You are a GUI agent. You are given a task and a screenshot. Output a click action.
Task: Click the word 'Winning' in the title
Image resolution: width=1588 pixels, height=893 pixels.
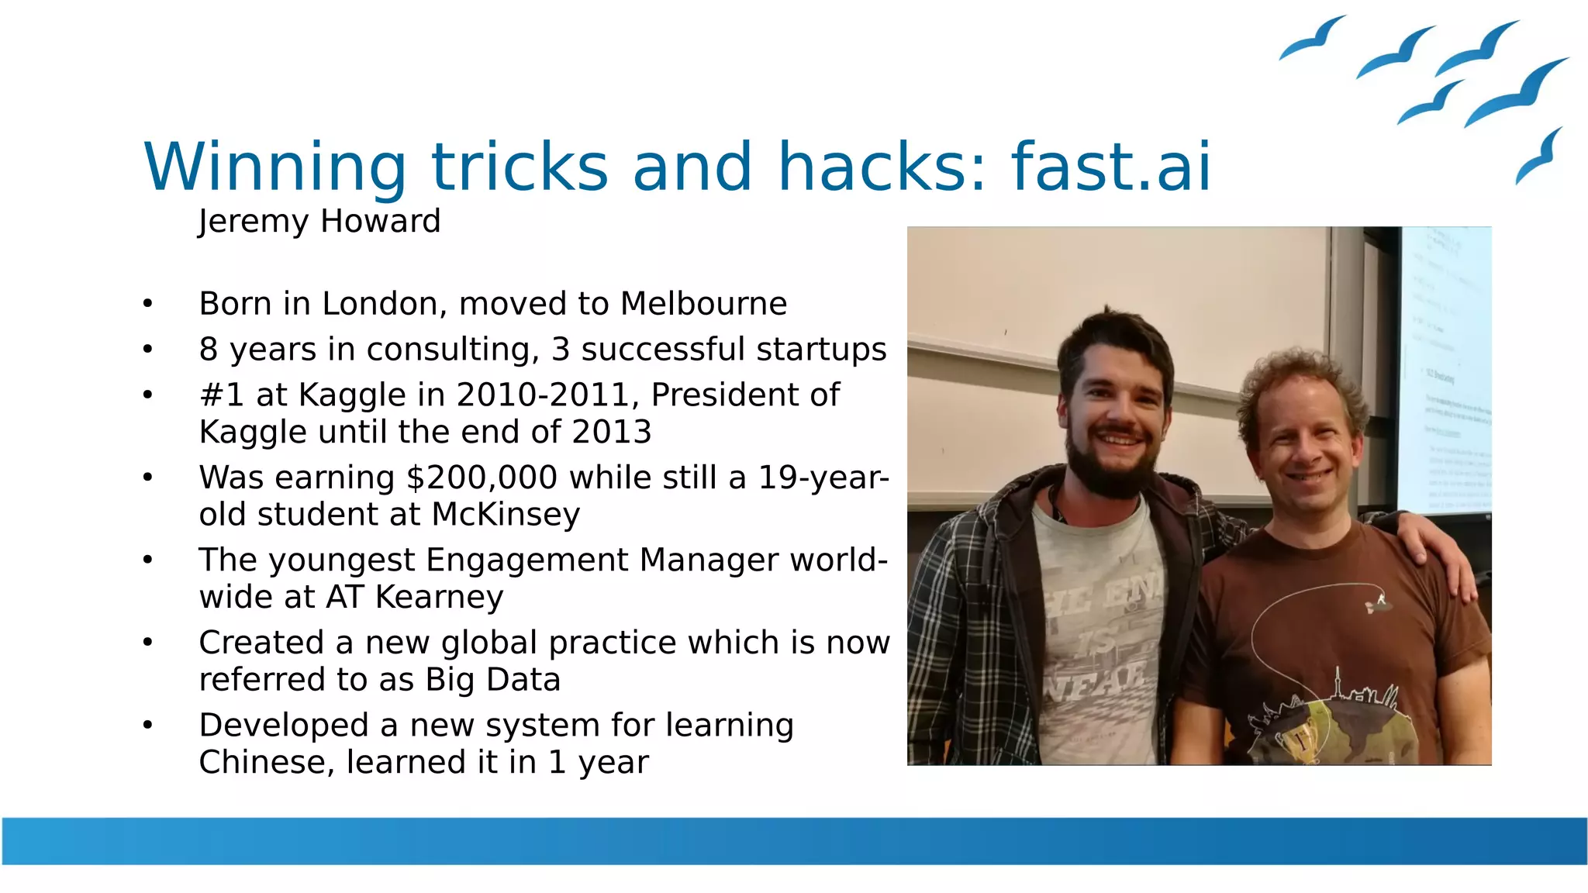tap(275, 167)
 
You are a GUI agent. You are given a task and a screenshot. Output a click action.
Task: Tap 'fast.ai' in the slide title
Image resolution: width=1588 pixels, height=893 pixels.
tap(1110, 167)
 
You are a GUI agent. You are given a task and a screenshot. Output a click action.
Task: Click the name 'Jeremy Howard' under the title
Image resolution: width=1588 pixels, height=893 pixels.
tap(319, 222)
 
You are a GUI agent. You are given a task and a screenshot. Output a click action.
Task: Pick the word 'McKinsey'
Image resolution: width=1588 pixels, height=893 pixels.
tap(506, 515)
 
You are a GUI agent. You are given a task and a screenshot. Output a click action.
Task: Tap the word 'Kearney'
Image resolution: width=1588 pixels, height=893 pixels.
tap(439, 598)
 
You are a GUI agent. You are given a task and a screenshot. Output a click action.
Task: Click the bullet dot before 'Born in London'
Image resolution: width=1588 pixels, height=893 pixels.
tap(148, 304)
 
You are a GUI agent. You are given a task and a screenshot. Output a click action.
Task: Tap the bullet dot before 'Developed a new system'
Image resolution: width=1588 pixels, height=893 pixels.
tap(148, 726)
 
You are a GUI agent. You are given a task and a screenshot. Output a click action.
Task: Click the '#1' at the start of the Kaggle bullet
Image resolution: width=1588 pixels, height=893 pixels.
tap(222, 395)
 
